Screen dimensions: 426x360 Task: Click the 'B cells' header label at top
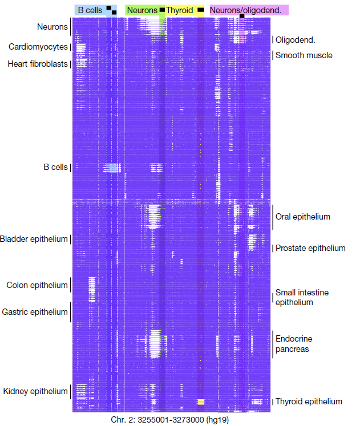tap(90, 10)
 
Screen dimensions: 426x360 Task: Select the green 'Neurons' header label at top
tap(142, 10)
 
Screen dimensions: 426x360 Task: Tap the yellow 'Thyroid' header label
tap(180, 10)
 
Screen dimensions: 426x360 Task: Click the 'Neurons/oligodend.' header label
tap(249, 10)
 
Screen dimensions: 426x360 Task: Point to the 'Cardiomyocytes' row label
tap(38, 47)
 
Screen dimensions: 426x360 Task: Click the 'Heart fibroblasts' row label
tap(38, 64)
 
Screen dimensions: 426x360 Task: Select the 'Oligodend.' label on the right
tap(296, 40)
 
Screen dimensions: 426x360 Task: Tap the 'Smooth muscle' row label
tap(304, 55)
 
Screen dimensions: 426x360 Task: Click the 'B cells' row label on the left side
tap(55, 167)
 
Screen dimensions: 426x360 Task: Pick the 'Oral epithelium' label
tap(302, 217)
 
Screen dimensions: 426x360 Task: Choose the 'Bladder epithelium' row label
tap(34, 239)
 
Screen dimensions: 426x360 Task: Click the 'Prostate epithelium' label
tap(310, 248)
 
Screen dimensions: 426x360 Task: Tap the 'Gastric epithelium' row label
tap(35, 312)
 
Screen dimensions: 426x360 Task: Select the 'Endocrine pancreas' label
tap(294, 344)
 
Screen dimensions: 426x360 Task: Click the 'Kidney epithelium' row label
tap(35, 391)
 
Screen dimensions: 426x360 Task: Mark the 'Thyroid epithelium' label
tap(309, 401)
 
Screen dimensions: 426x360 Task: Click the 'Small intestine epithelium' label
tap(302, 298)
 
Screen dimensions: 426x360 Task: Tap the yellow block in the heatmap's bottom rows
tap(201, 401)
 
